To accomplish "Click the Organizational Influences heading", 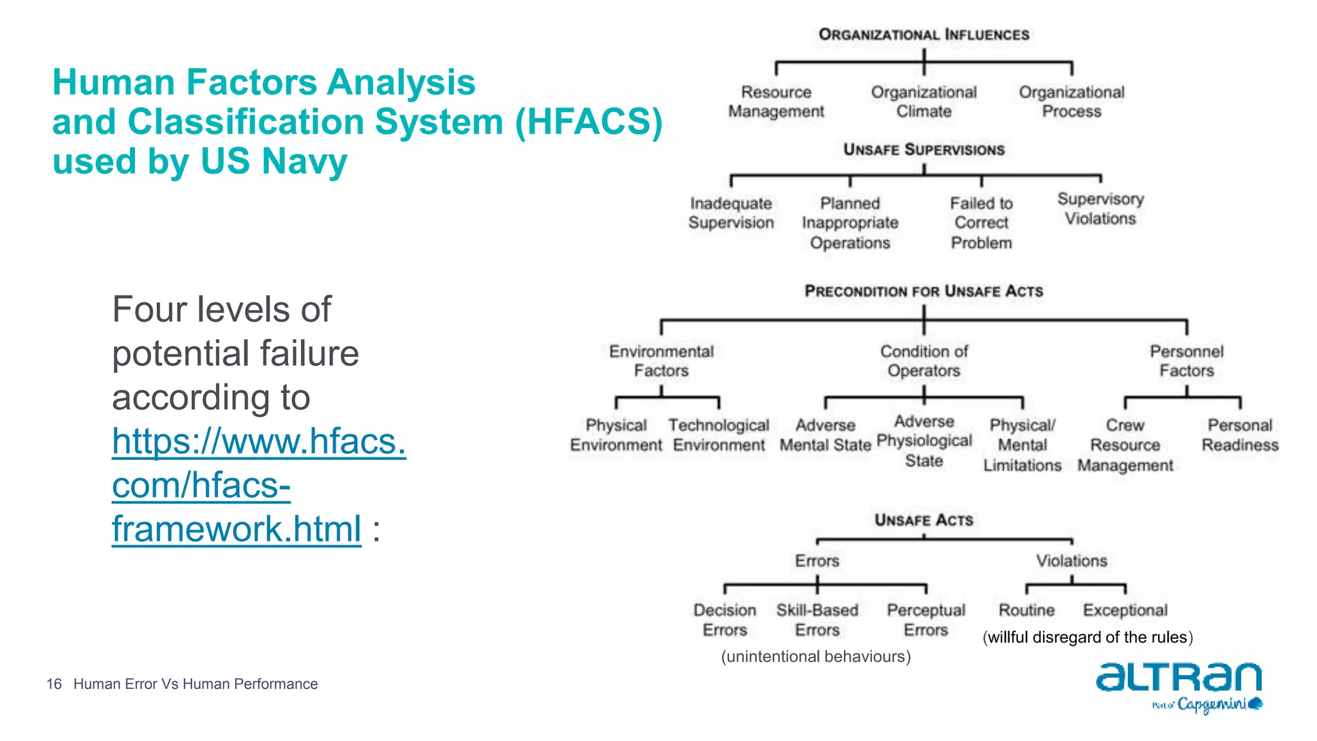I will click(923, 35).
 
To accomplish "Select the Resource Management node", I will click(776, 102).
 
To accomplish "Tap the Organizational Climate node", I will click(923, 102).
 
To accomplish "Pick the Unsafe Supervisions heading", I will click(923, 150).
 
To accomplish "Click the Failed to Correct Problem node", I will click(981, 223).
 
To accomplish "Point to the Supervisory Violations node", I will click(1100, 209).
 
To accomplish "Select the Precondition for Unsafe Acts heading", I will click(923, 291).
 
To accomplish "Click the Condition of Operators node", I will click(923, 361).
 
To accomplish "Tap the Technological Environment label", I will click(718, 435).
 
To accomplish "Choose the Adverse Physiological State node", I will click(924, 441).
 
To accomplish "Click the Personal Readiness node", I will click(1240, 435).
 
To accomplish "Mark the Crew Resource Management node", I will click(1125, 445).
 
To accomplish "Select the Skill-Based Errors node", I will click(817, 620).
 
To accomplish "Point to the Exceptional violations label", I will click(1125, 610).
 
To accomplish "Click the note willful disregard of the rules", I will click(1087, 637).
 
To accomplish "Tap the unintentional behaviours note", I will click(815, 657).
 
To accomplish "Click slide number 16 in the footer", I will click(54, 684).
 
